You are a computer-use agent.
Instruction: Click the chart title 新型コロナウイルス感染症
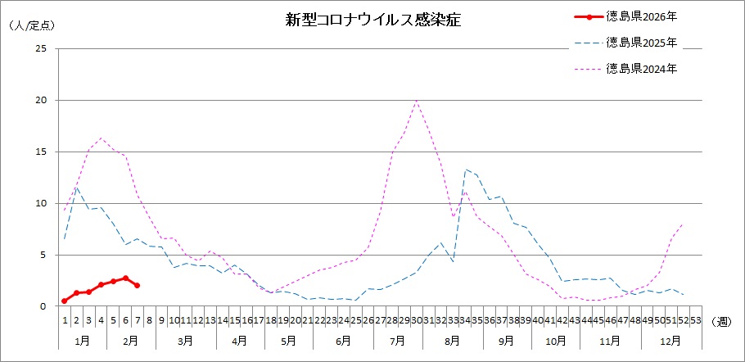[x=372, y=20]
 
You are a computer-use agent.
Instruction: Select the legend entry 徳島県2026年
[x=641, y=16]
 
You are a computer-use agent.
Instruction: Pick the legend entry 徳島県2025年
[x=641, y=42]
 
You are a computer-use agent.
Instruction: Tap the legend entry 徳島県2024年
[x=641, y=69]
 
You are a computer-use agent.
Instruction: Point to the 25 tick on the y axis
[x=40, y=49]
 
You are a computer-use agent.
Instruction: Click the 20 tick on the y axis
[x=40, y=101]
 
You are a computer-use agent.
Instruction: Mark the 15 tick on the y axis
[x=40, y=152]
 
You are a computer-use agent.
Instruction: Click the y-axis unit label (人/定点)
[x=30, y=25]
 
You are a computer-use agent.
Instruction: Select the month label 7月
[x=397, y=340]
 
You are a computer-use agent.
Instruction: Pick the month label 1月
[x=82, y=340]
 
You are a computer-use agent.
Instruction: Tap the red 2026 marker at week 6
[x=125, y=278]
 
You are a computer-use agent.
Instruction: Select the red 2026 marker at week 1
[x=65, y=301]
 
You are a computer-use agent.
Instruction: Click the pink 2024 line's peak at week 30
[x=417, y=101]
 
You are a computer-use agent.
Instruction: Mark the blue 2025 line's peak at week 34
[x=465, y=170]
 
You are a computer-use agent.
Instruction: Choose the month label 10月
[x=555, y=340]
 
